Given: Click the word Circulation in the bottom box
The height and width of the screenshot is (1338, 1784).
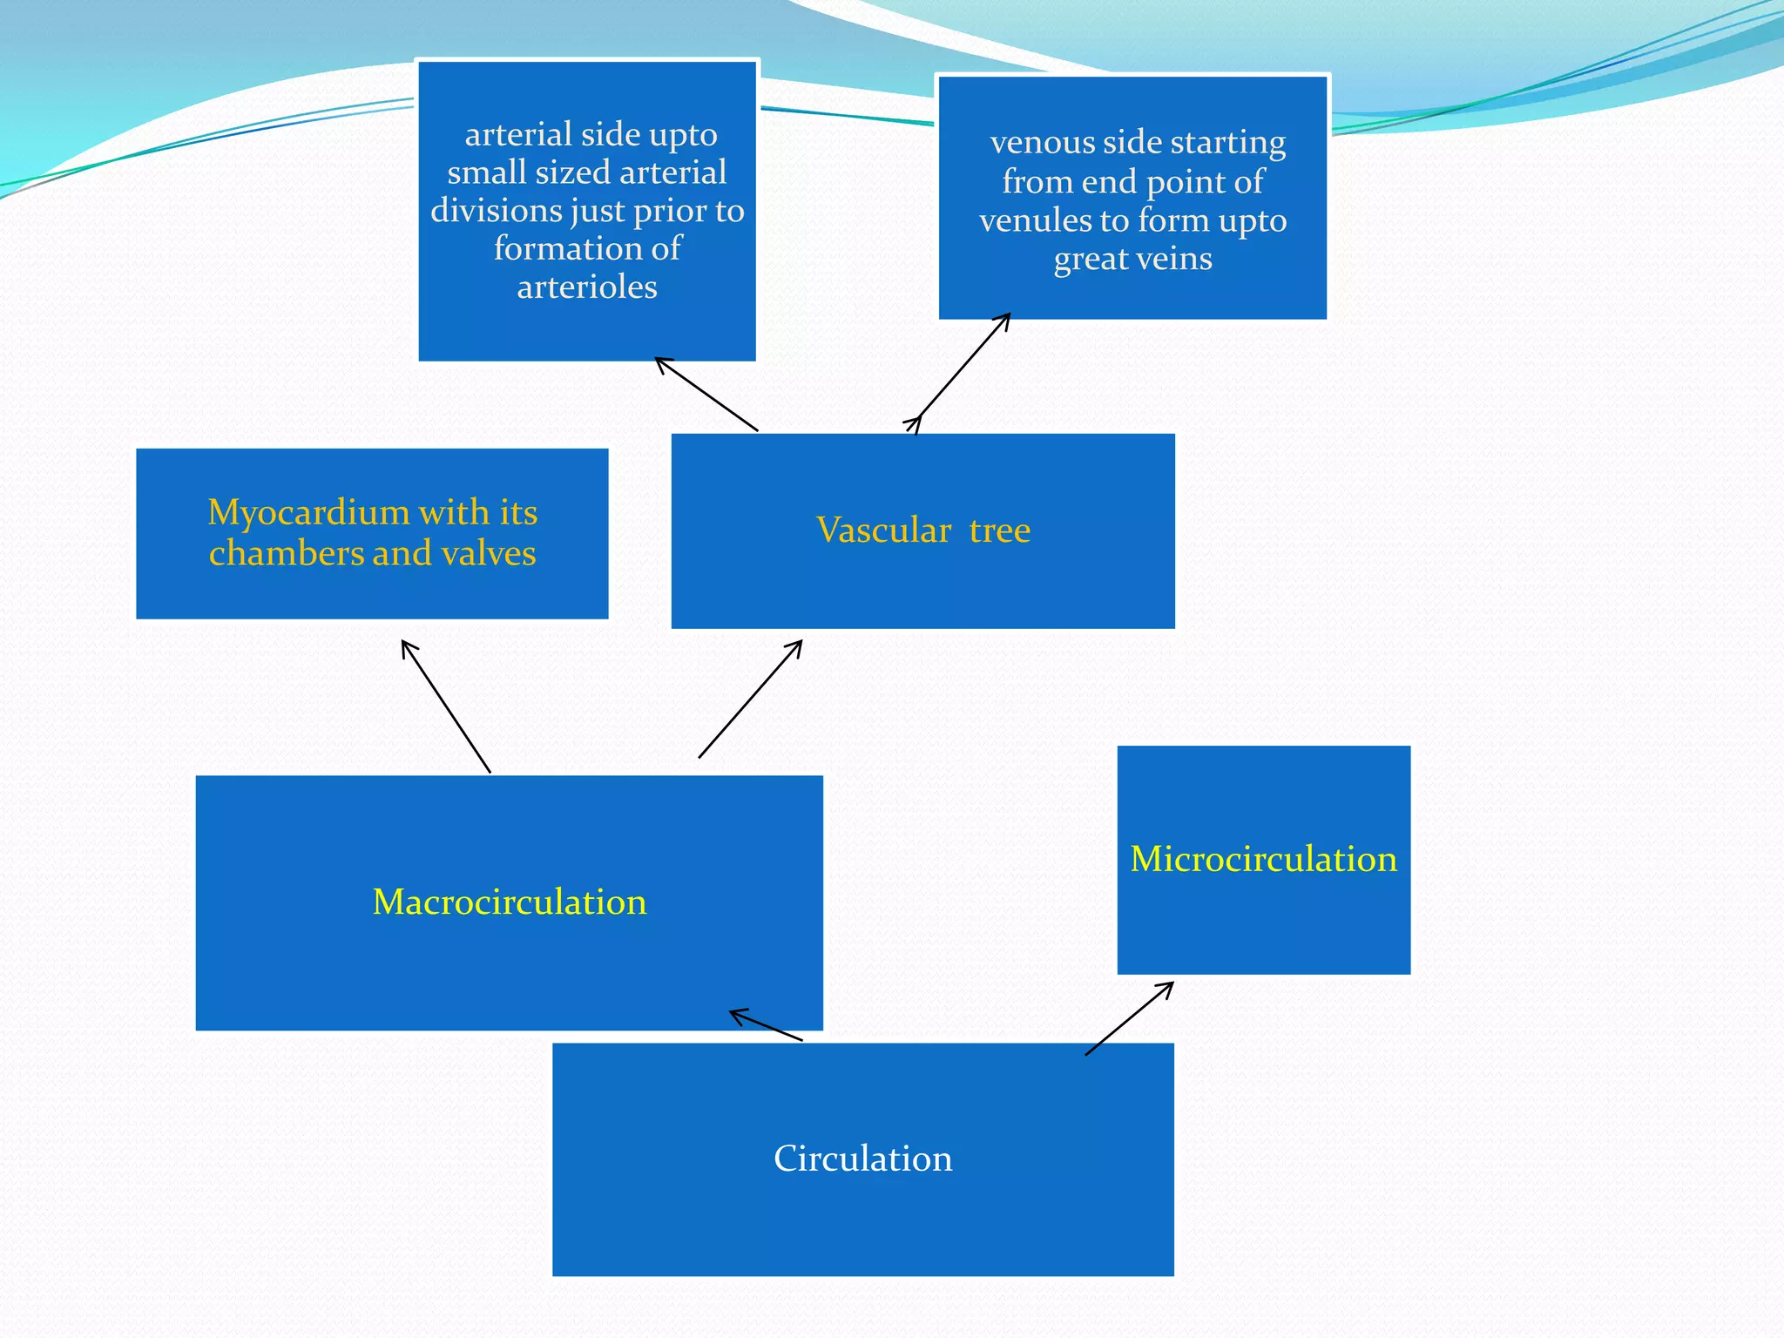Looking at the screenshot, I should pyautogui.click(x=862, y=1159).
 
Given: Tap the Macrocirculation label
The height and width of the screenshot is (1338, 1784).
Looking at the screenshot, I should pyautogui.click(x=510, y=902).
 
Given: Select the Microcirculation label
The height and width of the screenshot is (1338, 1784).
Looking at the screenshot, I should pyautogui.click(x=1263, y=859).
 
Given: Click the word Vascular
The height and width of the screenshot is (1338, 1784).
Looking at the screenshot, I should pyautogui.click(x=883, y=530).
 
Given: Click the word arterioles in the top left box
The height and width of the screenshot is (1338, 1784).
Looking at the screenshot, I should pyautogui.click(x=587, y=287).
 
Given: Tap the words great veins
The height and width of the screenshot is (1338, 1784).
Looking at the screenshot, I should pyautogui.click(x=1132, y=259).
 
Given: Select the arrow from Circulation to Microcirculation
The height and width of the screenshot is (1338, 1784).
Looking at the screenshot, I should pyautogui.click(x=1129, y=1018).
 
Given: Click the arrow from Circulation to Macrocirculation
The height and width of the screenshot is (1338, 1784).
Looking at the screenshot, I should pyautogui.click(x=767, y=1026).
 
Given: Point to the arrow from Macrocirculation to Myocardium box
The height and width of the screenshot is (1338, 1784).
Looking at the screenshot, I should pyautogui.click(x=446, y=706).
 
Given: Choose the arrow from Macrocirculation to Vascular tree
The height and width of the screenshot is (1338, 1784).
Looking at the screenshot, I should pyautogui.click(x=750, y=699).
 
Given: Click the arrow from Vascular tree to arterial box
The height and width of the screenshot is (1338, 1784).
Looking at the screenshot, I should pyautogui.click(x=706, y=395).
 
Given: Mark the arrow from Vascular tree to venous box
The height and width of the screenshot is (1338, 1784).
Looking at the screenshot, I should pyautogui.click(x=963, y=372).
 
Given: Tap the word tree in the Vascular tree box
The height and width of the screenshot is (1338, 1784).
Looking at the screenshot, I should pyautogui.click(x=999, y=530).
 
